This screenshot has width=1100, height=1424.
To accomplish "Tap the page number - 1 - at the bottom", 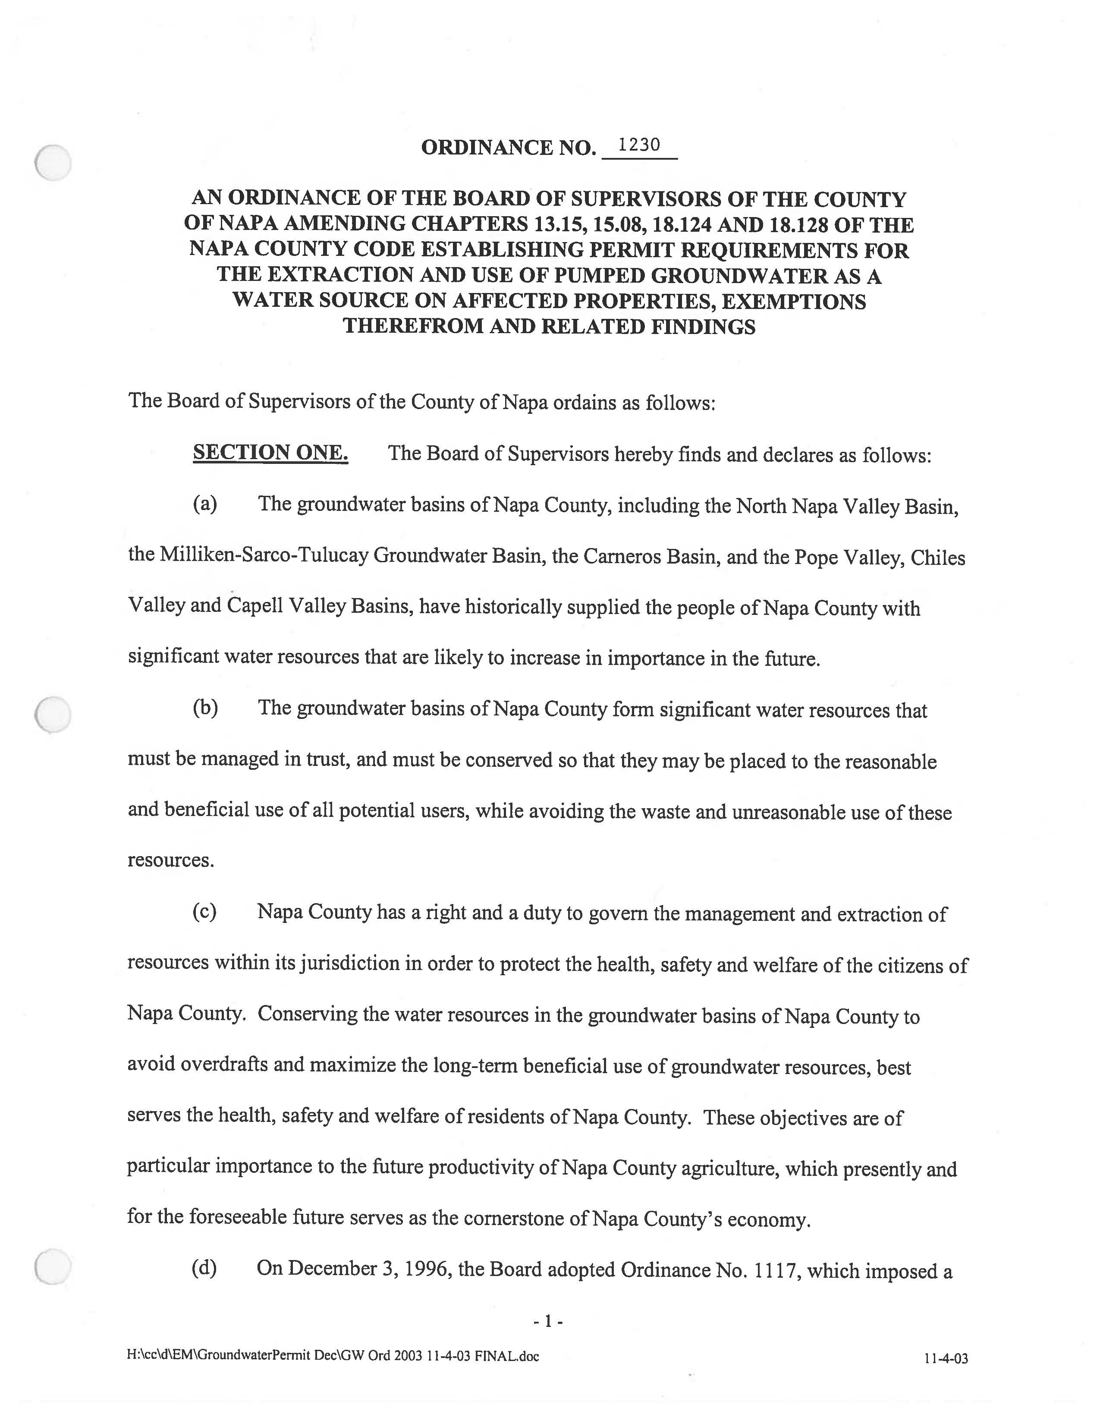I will pyautogui.click(x=547, y=1321).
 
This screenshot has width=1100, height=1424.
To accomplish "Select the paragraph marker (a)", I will pyautogui.click(x=204, y=504).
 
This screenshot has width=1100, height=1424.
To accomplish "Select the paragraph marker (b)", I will pyautogui.click(x=204, y=708).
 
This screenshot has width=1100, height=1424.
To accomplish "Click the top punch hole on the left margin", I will pyautogui.click(x=53, y=162).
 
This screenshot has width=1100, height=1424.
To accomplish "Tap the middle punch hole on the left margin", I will pyautogui.click(x=53, y=715).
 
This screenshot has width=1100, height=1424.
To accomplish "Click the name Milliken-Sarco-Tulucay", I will pyautogui.click(x=264, y=555).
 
